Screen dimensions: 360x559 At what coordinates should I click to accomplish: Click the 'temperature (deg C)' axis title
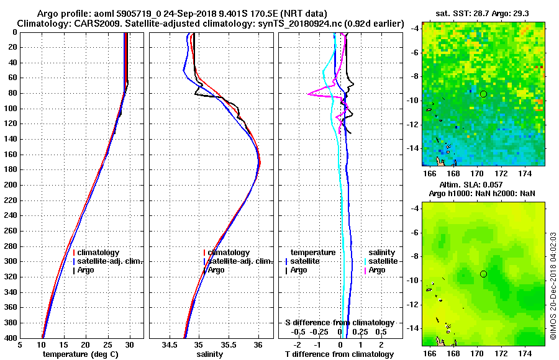point(81,354)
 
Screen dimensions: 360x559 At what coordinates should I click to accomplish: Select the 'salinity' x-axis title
point(210,354)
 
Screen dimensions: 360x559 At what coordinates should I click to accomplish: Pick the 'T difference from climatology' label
point(339,354)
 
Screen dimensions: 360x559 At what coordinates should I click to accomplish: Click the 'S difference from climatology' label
point(339,323)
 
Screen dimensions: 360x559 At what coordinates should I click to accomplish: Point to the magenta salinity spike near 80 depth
point(309,94)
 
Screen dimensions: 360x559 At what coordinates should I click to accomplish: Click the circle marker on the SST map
point(483,94)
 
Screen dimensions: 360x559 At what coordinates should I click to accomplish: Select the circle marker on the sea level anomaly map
point(483,274)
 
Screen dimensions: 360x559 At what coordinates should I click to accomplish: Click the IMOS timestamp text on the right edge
point(553,286)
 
